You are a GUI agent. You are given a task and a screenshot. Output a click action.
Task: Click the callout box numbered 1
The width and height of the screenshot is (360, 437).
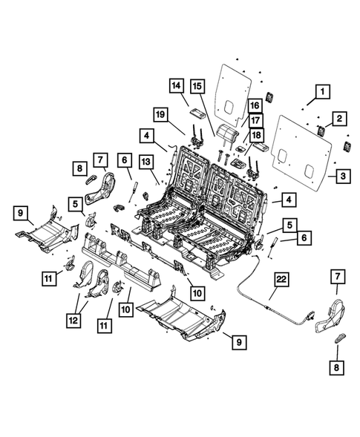point(321,92)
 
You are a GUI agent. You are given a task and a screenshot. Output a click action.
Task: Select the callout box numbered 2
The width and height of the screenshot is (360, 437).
point(338,117)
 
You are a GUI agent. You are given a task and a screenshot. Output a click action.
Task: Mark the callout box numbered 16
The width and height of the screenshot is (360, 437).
point(254,105)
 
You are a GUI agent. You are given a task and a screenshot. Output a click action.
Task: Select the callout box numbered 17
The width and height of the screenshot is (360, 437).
point(254,121)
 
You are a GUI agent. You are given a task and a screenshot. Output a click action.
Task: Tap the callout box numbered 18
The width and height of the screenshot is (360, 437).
point(254,136)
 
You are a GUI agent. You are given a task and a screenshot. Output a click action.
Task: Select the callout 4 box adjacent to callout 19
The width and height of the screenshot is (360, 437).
point(148,136)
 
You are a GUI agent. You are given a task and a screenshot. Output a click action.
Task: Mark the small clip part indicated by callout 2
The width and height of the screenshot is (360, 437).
point(322,131)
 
